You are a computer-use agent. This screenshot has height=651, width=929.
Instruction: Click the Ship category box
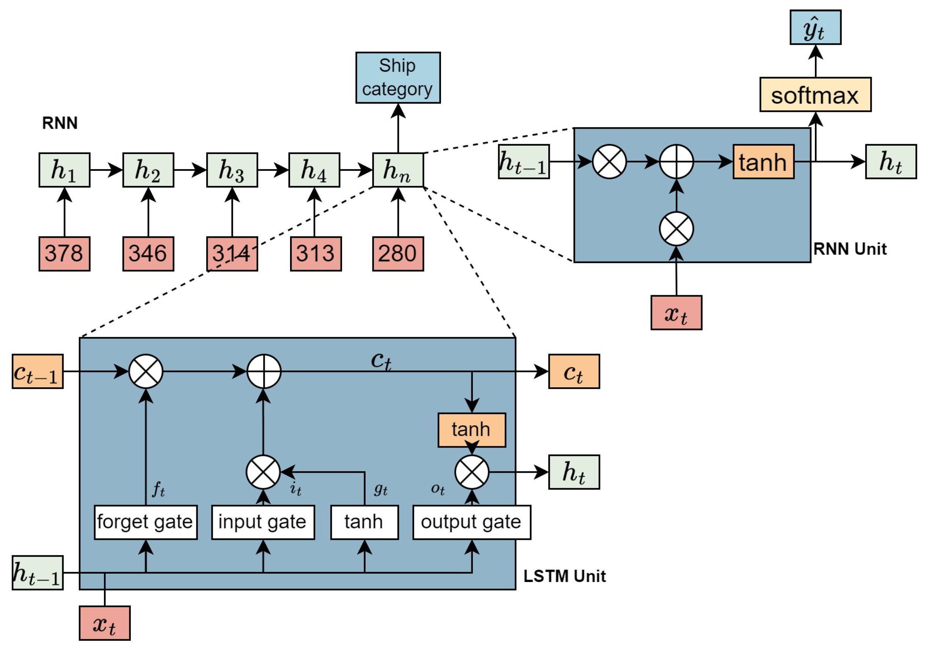pyautogui.click(x=398, y=77)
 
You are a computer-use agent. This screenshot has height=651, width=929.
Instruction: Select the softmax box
pyautogui.click(x=815, y=94)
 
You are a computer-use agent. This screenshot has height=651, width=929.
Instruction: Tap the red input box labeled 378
pyautogui.click(x=64, y=254)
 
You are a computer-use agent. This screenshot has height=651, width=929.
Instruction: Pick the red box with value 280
pyautogui.click(x=398, y=254)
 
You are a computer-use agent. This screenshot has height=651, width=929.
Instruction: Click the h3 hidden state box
pyautogui.click(x=232, y=170)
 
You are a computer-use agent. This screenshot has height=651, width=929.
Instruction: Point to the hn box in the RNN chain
pyautogui.click(x=398, y=170)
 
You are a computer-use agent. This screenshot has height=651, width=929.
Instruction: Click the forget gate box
pyautogui.click(x=146, y=522)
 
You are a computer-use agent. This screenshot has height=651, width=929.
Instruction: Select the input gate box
pyautogui.click(x=263, y=522)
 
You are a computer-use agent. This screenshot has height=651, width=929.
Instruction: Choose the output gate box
pyautogui.click(x=471, y=522)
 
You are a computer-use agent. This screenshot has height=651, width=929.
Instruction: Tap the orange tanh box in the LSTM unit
pyautogui.click(x=471, y=430)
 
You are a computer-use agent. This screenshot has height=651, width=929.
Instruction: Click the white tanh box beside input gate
pyautogui.click(x=364, y=522)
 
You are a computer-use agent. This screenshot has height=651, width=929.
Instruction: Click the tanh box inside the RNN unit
pyautogui.click(x=763, y=162)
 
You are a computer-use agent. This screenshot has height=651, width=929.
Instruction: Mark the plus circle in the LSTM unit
pyautogui.click(x=264, y=371)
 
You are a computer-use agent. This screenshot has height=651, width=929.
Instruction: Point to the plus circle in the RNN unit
pyautogui.click(x=676, y=162)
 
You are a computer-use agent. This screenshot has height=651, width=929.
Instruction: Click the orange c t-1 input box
pyautogui.click(x=38, y=371)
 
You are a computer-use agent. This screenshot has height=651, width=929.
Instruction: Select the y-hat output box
pyautogui.click(x=815, y=28)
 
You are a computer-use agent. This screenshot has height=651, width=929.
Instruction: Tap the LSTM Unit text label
pyautogui.click(x=565, y=576)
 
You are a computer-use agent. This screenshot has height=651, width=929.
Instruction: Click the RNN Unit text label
pyautogui.click(x=850, y=249)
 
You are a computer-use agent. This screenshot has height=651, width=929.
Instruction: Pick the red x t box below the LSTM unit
pyautogui.click(x=104, y=623)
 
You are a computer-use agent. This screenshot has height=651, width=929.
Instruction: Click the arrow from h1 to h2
pyautogui.click(x=106, y=170)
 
